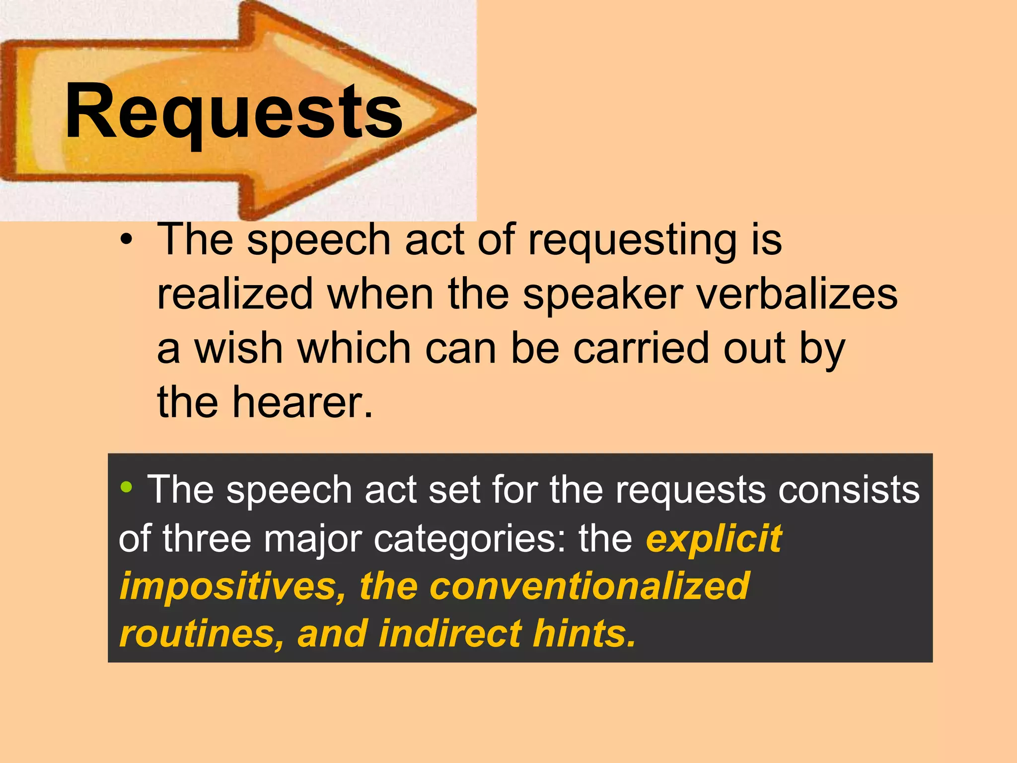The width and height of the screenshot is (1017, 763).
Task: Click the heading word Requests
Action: [x=233, y=112]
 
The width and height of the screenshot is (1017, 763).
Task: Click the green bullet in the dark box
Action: [x=126, y=487]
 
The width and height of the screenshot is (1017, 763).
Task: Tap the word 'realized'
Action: [x=235, y=295]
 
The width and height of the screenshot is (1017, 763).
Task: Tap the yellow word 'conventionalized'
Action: [x=589, y=586]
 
